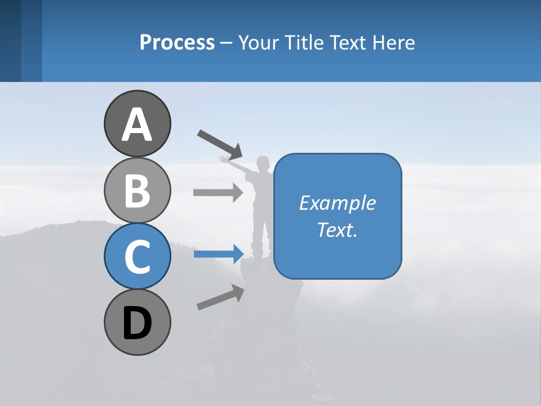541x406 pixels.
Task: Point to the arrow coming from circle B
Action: (x=218, y=192)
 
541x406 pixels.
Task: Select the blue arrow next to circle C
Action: (x=218, y=254)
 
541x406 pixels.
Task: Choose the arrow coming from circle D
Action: (x=220, y=297)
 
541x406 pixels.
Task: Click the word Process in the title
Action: (x=177, y=42)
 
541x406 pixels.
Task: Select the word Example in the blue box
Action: (x=337, y=203)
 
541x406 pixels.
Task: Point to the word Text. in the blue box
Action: (x=337, y=230)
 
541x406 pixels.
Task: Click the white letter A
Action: (x=137, y=125)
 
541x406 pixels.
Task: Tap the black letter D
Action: (x=137, y=324)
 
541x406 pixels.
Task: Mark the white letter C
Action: (x=137, y=257)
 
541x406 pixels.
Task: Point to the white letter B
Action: (x=137, y=191)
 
